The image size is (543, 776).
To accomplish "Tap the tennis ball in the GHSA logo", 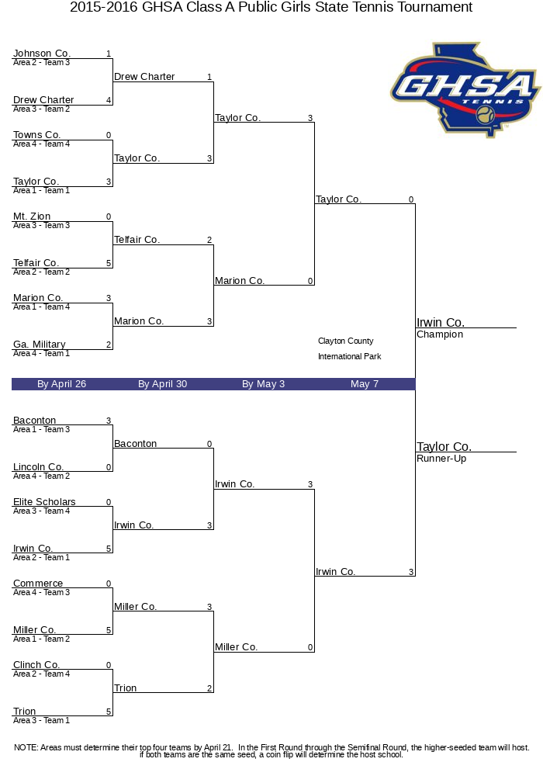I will pos(486,116).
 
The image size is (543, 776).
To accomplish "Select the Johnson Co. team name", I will pos(42,54).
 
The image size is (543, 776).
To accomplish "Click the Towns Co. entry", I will pos(37,135).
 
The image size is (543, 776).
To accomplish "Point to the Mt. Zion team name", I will pos(32,217).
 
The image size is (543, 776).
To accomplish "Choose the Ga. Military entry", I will pos(40,345).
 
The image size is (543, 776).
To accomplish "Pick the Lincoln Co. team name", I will pos(38,467).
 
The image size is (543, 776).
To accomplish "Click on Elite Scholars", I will pos(44,502).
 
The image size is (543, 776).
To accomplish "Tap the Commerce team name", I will pos(38,584).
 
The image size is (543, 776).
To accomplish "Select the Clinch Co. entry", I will pos(36,665).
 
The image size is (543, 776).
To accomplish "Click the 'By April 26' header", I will pos(61,384).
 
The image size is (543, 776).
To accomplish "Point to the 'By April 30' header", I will pos(162,384).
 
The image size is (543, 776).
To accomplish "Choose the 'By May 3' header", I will pos(263,384).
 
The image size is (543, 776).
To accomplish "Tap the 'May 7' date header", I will pos(365,384).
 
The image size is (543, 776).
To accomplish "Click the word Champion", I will pos(440,334).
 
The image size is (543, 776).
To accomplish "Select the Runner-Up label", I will pos(441,459).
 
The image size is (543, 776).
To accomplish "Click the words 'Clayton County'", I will pos(345,341).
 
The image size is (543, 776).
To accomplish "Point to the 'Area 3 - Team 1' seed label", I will pos(41,720).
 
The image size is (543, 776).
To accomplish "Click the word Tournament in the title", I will pos(434,8).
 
